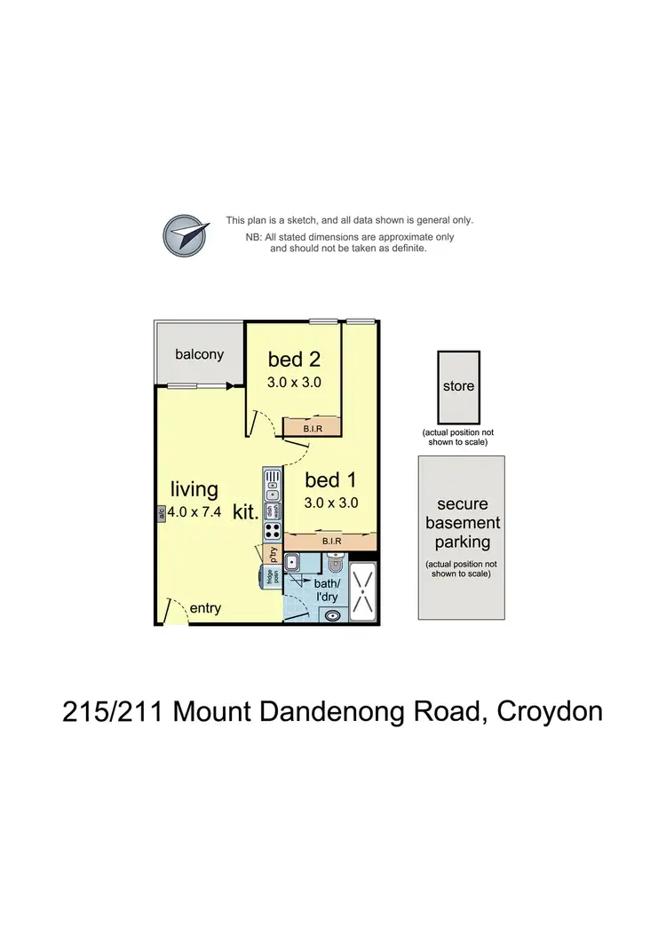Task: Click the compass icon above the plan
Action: tap(186, 235)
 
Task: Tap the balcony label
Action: tap(199, 354)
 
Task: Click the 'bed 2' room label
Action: tap(293, 360)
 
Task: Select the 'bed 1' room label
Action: tap(330, 480)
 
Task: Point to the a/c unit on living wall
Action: tap(161, 512)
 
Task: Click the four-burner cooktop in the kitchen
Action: tap(273, 531)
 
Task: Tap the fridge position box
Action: tap(269, 575)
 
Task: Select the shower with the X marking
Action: tap(363, 591)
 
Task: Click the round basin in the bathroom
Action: tap(332, 613)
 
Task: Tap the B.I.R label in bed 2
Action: tap(313, 428)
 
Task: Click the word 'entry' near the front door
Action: tap(205, 608)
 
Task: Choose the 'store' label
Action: tap(458, 386)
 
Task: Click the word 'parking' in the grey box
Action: tap(462, 542)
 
